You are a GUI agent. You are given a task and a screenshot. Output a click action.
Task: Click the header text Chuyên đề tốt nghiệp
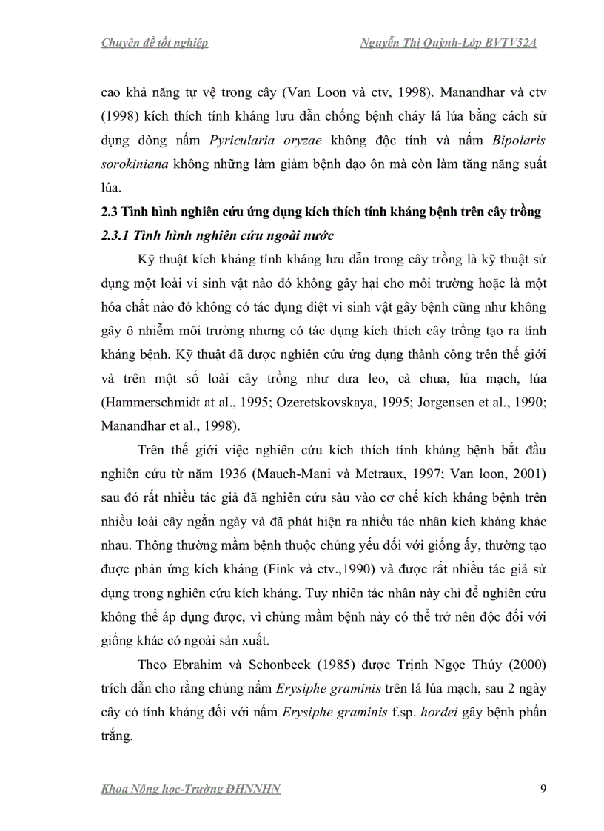coord(154,43)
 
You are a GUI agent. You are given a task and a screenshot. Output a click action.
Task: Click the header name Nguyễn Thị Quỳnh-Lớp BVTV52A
coord(448,43)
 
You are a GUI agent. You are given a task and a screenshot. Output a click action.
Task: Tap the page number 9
coord(543,788)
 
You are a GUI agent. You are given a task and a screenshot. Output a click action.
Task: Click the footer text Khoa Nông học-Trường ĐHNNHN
coord(190,789)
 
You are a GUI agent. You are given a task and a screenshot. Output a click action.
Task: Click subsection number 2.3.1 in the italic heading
coord(115,235)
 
